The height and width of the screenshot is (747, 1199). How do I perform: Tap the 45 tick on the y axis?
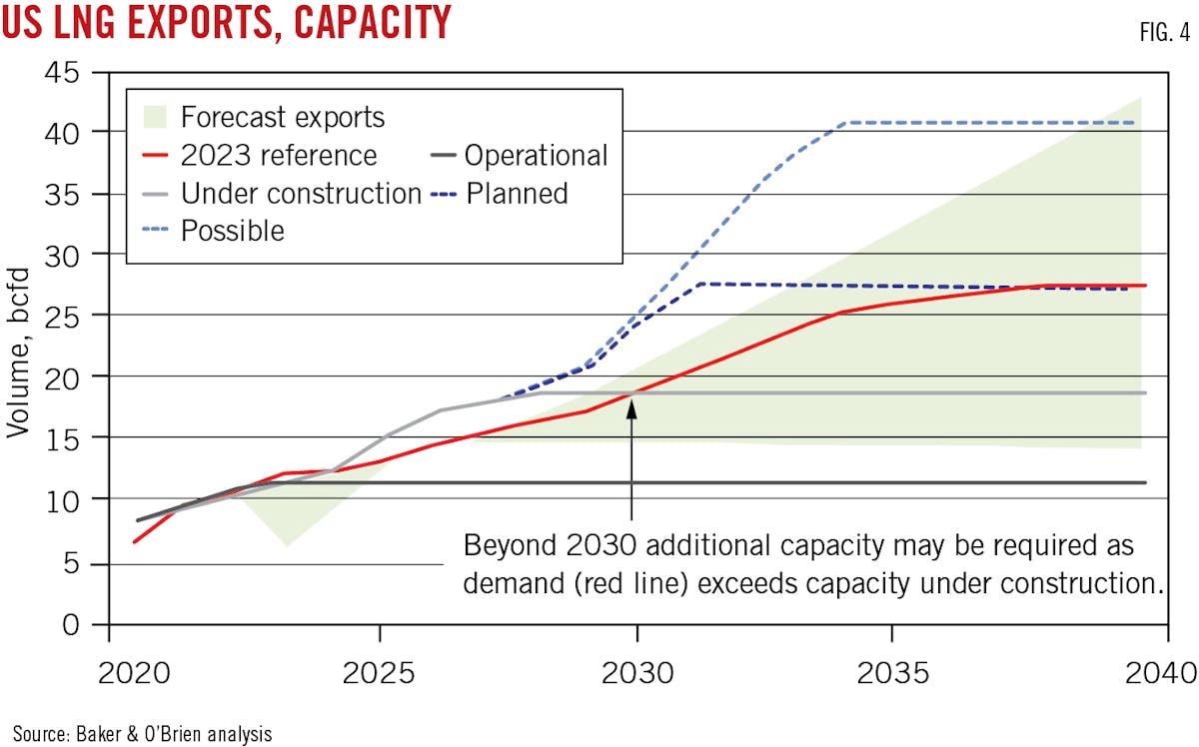tap(65, 71)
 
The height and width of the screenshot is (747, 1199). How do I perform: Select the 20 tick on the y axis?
tap(65, 376)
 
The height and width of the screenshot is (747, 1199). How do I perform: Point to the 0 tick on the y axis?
tap(73, 626)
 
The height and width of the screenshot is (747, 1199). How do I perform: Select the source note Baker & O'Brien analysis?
tap(142, 733)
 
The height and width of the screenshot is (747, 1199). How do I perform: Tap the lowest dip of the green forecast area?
tap(286, 545)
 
